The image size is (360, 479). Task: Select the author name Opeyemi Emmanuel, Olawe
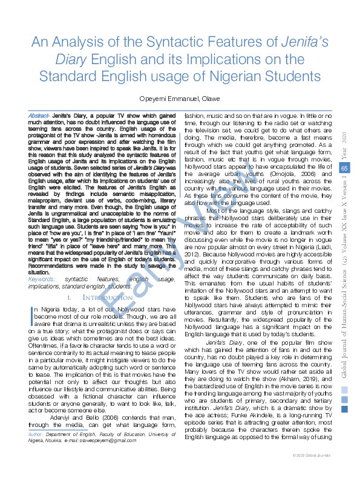pyautogui.click(x=180, y=98)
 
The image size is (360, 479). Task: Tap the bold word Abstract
pyautogui.click(x=39, y=116)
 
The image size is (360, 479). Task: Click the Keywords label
pyautogui.click(x=43, y=278)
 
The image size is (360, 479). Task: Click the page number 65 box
pyautogui.click(x=344, y=168)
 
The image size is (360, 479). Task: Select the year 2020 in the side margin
pyautogui.click(x=345, y=142)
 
